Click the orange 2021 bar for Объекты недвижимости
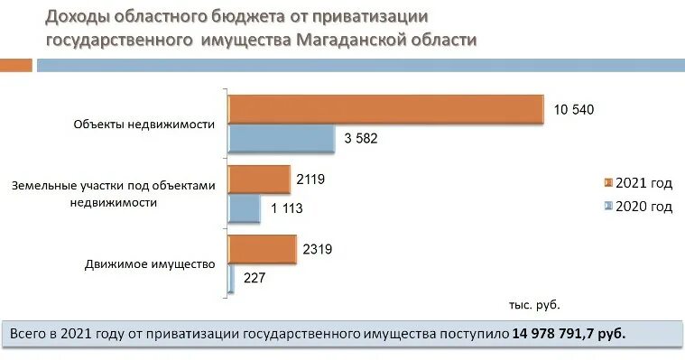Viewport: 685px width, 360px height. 385,109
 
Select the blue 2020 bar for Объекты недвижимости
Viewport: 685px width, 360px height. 281,138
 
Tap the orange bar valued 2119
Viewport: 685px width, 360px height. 259,179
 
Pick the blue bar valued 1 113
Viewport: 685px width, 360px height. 244,208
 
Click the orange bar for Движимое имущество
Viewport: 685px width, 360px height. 262,249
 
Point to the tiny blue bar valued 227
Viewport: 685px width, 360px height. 232,278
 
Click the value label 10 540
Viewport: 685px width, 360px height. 575,109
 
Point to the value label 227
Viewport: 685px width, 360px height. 255,278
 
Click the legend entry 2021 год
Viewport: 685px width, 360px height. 643,183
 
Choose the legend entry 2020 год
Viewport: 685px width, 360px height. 643,206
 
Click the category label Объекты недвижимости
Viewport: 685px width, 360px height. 144,125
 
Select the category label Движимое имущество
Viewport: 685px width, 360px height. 150,264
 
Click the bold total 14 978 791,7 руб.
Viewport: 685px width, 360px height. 569,333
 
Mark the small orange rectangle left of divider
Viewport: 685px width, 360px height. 16,64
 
